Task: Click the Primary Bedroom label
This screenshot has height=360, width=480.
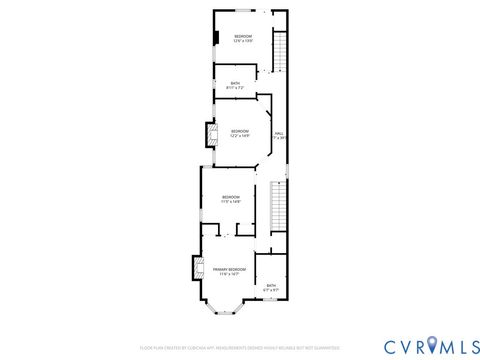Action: point(229,270)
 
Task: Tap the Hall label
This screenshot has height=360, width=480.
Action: point(279,133)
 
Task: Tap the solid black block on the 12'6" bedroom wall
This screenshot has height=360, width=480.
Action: point(214,38)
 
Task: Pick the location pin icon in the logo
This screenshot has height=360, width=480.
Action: point(432,346)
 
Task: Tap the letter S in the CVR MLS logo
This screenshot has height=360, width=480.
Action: point(469,346)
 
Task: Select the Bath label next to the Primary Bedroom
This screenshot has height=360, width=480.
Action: point(271,285)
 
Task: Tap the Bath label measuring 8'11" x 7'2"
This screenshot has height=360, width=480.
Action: point(236,83)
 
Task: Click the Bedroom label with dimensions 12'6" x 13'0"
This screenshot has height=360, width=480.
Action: point(243,37)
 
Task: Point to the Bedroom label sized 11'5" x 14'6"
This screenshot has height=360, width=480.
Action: point(231,197)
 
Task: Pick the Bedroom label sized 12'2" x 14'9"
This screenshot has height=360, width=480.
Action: point(240,131)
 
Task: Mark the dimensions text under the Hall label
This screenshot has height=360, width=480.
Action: point(279,138)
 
